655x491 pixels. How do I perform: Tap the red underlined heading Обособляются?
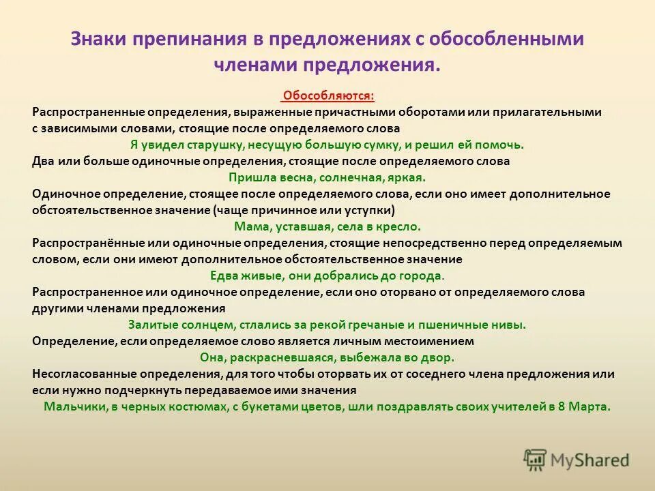(x=328, y=95)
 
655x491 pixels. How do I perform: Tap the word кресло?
(x=399, y=226)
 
